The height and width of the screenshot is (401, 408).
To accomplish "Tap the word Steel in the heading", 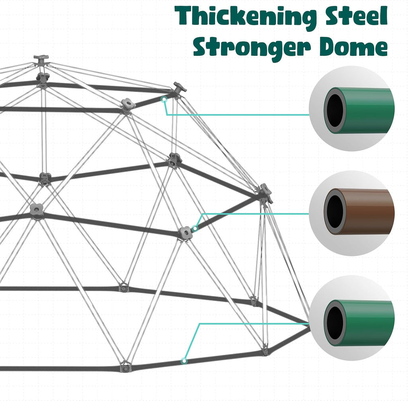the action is point(357,15).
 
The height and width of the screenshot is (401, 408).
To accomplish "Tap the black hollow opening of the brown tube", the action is point(335,212).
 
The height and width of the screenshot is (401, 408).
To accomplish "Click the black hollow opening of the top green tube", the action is point(335,111).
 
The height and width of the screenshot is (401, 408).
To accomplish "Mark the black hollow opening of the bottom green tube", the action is point(335,323).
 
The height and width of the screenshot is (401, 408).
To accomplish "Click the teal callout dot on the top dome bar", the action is point(164,99).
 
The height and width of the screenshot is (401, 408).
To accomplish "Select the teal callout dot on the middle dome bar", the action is point(195,228).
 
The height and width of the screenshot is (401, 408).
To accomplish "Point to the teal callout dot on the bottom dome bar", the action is point(184,361).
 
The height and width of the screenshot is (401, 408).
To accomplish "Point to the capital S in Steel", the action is point(334,15).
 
